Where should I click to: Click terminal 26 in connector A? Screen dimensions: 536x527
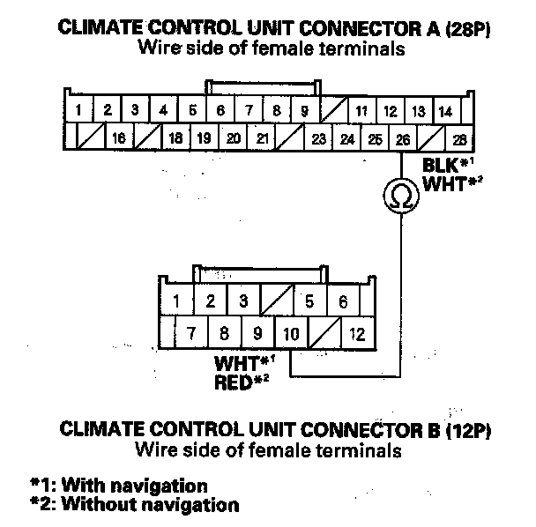(403, 138)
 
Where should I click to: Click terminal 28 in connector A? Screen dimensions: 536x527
(458, 138)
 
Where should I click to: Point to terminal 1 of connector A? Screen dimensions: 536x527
(79, 111)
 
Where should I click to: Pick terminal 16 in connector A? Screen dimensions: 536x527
(119, 138)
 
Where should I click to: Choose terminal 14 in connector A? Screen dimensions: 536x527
(445, 111)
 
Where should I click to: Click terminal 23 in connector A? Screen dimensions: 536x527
(318, 138)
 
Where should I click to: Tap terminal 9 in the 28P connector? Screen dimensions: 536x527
(304, 111)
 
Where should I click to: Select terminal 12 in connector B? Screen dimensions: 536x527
(356, 334)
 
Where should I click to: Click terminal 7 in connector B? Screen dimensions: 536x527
(190, 334)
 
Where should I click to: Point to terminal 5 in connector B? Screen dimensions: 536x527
(309, 301)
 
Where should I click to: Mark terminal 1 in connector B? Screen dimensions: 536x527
(177, 301)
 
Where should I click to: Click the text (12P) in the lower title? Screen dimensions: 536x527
(463, 432)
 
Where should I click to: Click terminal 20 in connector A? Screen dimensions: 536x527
(234, 138)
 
